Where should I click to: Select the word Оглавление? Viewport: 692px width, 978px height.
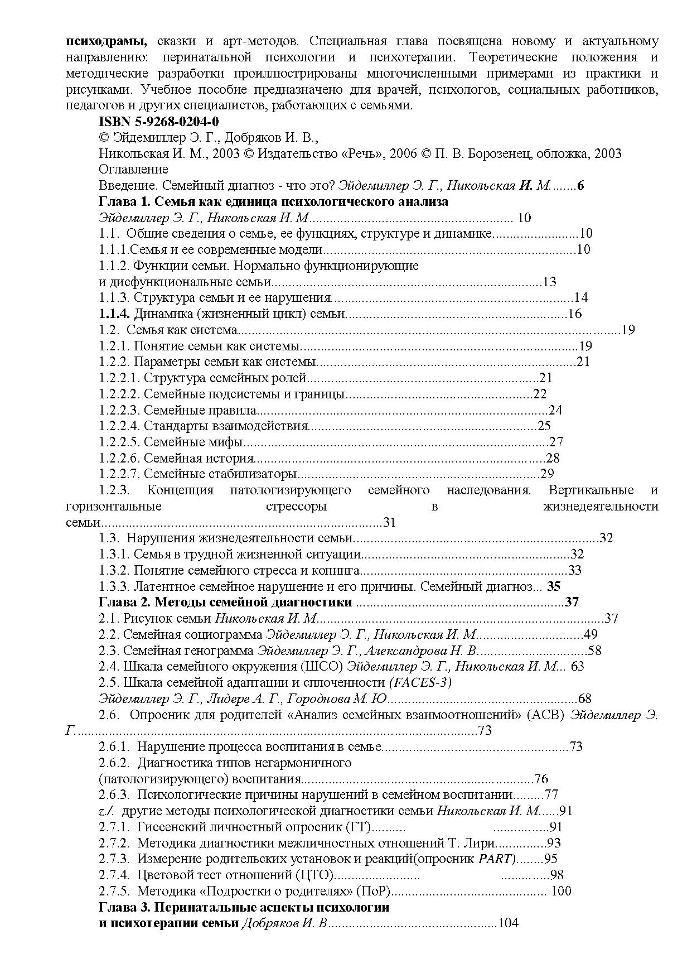(133, 169)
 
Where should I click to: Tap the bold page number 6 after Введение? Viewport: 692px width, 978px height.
(580, 185)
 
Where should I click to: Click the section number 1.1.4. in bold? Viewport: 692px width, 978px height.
(114, 314)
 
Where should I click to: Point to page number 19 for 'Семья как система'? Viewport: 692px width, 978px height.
(628, 330)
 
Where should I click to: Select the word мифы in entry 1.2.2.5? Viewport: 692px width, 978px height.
(227, 442)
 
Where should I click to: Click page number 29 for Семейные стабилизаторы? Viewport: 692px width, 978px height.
(547, 474)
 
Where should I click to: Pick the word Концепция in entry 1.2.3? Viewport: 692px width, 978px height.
(180, 490)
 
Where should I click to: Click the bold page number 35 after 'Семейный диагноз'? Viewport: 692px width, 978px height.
(553, 586)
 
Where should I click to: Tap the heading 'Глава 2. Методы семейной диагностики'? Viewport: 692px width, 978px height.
(225, 602)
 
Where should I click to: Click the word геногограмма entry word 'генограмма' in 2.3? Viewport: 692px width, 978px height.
(224, 650)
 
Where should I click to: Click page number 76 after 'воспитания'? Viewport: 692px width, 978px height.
(541, 779)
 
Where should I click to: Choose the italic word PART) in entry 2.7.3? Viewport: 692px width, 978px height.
(497, 859)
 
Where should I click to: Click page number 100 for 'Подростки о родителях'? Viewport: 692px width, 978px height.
(560, 891)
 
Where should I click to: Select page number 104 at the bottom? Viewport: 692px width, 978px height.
(507, 923)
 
